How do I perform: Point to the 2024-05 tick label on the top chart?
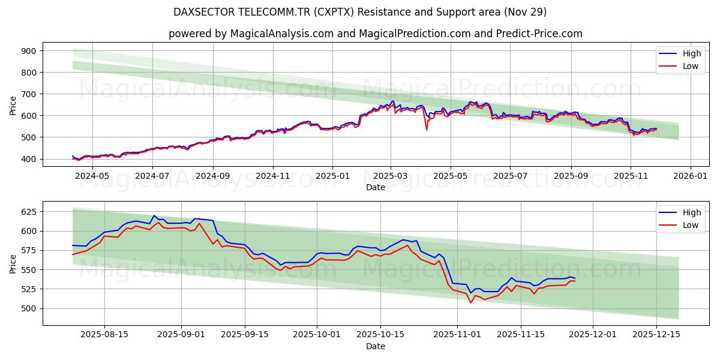click(x=93, y=176)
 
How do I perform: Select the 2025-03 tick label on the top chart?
click(x=391, y=176)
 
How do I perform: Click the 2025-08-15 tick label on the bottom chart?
click(x=105, y=335)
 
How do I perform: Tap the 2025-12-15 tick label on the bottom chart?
click(x=655, y=335)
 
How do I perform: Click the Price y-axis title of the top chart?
click(x=13, y=105)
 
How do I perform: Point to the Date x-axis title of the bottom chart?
click(x=376, y=346)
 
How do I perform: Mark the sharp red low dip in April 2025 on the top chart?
click(x=427, y=130)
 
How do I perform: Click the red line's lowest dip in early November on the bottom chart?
click(x=470, y=302)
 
